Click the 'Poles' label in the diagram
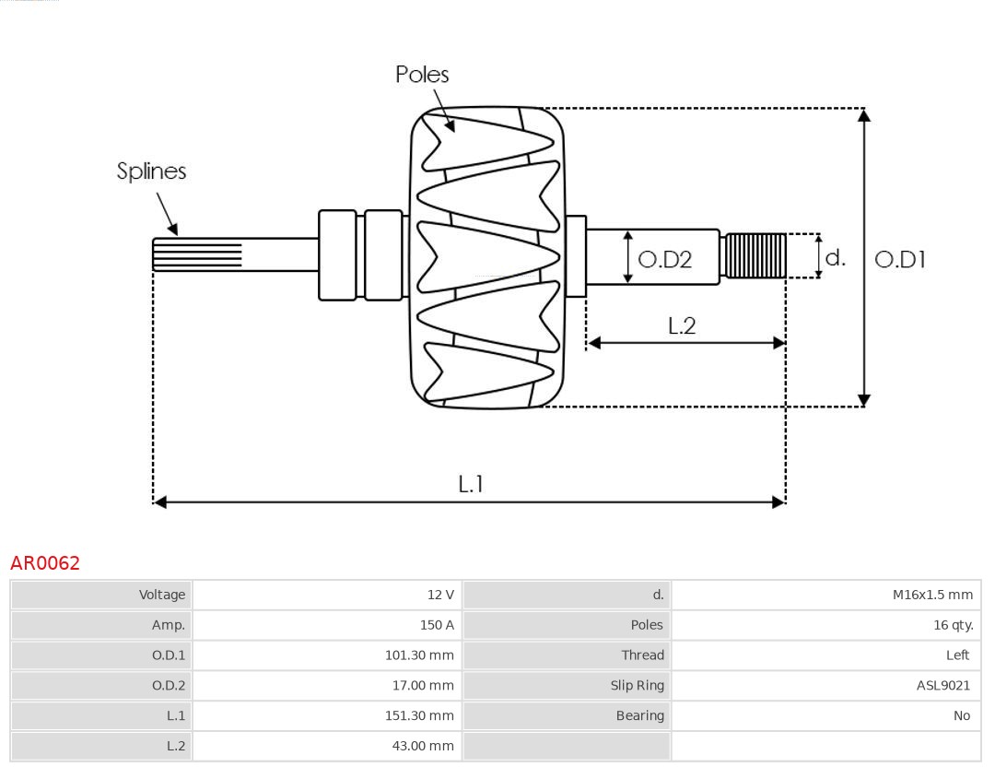click(x=422, y=75)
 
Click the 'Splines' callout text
click(x=151, y=171)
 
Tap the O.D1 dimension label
click(x=899, y=260)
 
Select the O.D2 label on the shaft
click(x=664, y=260)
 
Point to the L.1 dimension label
click(x=471, y=484)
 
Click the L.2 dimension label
click(x=681, y=325)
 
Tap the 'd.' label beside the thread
click(x=835, y=258)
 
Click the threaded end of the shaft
click(x=755, y=255)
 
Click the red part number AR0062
click(x=45, y=563)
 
